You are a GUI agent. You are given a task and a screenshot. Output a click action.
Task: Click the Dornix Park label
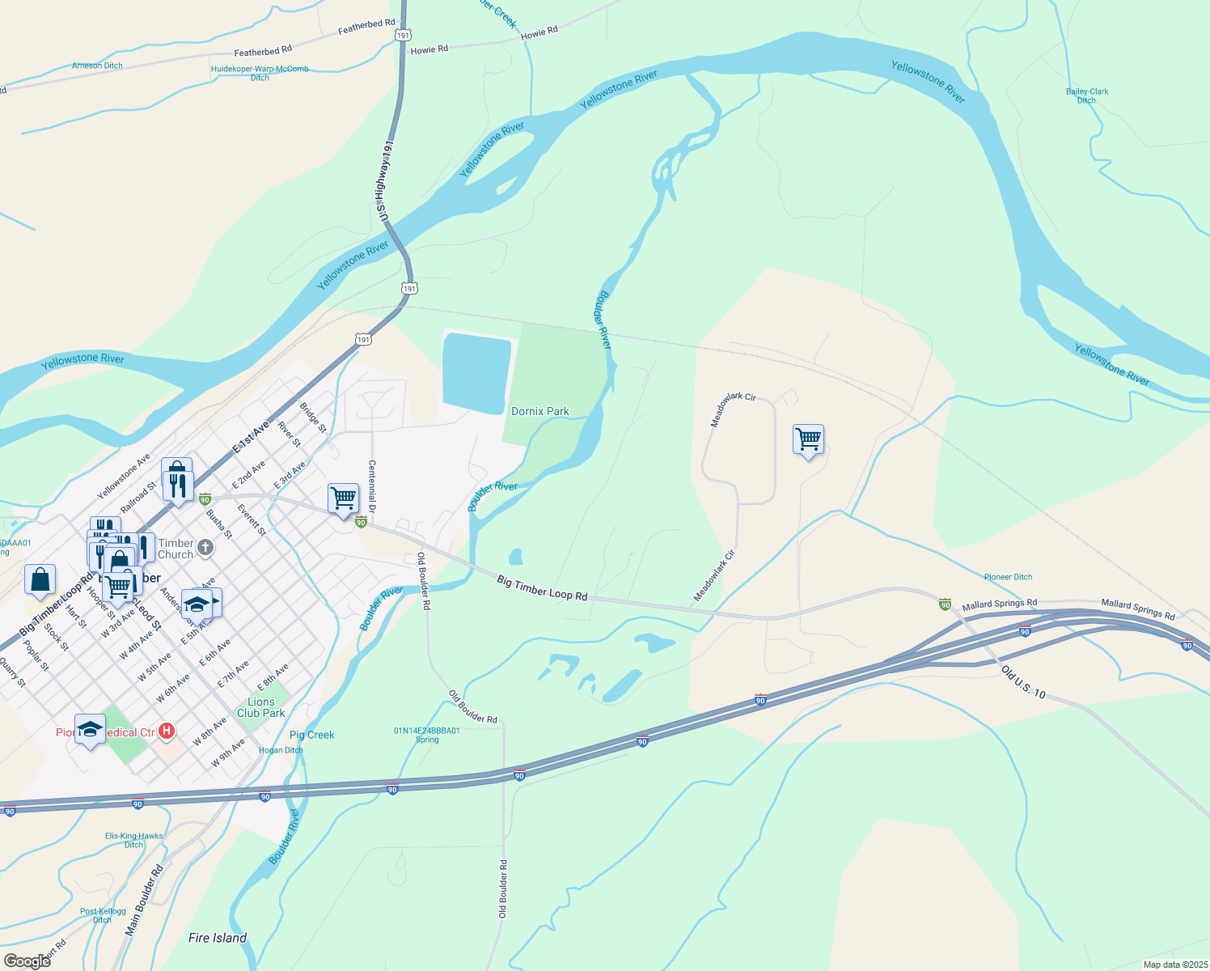coord(540,411)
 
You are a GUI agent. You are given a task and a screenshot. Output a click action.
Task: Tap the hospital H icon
coord(167,731)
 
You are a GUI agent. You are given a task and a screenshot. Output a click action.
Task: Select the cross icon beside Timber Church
coord(205,548)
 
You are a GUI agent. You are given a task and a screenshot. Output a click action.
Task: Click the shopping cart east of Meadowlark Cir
coord(809,439)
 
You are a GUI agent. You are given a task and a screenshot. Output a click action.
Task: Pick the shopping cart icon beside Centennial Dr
coord(343,498)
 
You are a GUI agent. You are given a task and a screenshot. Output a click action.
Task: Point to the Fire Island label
coord(218,938)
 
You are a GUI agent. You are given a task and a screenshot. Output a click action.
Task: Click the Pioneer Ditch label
coord(1008,577)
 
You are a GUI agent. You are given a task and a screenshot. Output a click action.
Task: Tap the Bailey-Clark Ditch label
coord(1087,95)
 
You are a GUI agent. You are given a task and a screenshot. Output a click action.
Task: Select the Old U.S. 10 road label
coord(1023,682)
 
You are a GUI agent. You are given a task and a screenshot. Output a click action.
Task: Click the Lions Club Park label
coord(260,707)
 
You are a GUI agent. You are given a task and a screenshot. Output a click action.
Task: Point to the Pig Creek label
coord(312,735)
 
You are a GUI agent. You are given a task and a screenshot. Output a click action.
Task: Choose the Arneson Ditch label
coord(97,66)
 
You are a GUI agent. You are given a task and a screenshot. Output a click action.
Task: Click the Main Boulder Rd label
coord(144,901)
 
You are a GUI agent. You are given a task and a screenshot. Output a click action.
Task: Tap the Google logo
coord(27,960)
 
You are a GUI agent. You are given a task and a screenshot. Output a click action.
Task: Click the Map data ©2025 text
coord(1174,965)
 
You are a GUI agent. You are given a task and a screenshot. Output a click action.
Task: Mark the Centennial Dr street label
coord(372,486)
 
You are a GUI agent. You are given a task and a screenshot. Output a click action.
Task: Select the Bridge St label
coord(313,418)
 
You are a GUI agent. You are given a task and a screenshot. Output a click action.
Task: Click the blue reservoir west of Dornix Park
coord(476,372)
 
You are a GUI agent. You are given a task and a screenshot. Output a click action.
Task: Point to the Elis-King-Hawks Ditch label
coord(133,840)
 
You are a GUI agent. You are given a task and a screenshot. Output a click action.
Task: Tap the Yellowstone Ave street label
coord(124,477)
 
